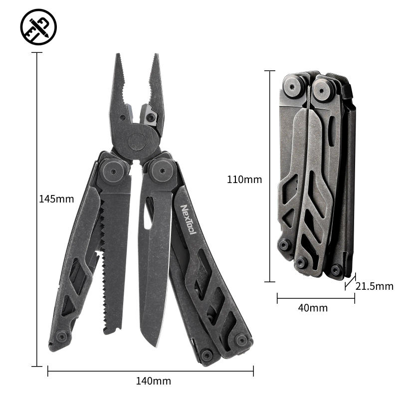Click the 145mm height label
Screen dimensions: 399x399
(56, 199)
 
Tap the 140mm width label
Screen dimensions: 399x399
(153, 382)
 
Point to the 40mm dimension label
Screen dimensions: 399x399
(313, 308)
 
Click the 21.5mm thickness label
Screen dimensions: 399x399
(375, 287)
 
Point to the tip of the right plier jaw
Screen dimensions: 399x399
(155, 56)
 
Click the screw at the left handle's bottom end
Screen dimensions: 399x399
(62, 337)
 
